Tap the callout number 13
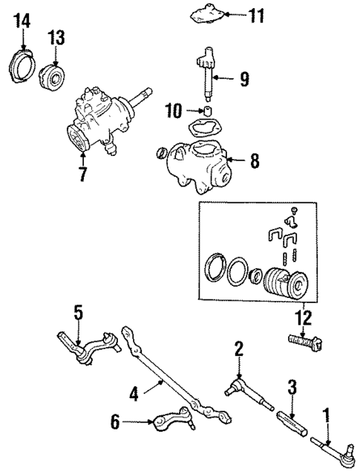pyautogui.click(x=57, y=36)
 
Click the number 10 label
pyautogui.click(x=172, y=111)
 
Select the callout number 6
pyautogui.click(x=115, y=423)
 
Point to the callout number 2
pyautogui.click(x=238, y=348)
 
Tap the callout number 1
pyautogui.click(x=324, y=413)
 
